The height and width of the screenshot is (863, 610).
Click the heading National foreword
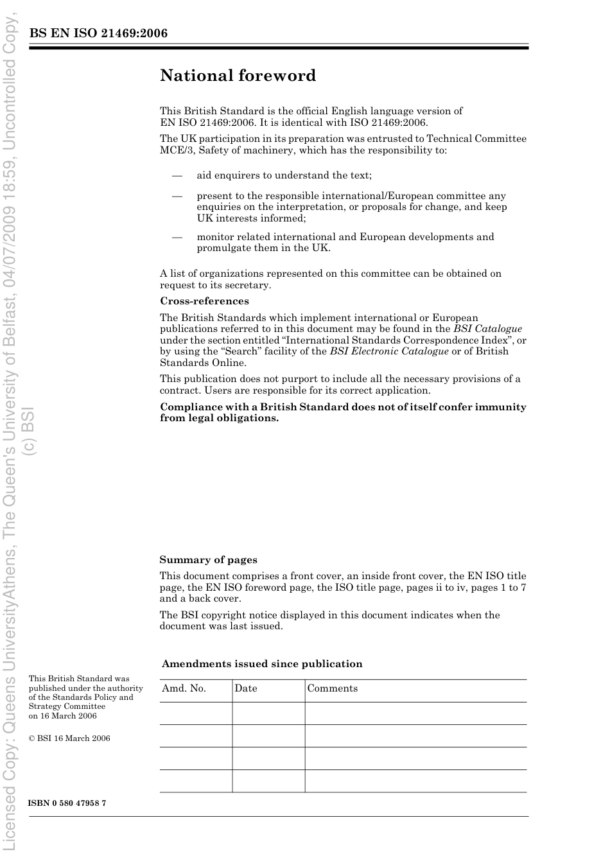pos(238,76)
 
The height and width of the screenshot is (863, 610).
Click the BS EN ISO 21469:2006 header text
pos(98,33)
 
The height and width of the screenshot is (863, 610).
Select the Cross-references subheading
pos(204,301)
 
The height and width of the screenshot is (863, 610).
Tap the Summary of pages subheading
pos(208,560)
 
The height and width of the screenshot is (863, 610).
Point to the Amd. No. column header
pos(184,688)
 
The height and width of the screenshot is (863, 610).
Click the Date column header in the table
pos(245,688)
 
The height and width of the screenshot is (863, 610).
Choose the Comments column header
pos(332,688)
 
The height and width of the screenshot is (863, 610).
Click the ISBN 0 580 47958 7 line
pos(67,803)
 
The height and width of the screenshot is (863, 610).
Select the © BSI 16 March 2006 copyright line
pos(69,738)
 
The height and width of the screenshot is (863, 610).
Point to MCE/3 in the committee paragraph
pos(173,150)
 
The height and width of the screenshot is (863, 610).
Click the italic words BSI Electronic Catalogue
pos(389,351)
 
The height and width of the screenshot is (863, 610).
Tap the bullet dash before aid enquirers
pos(177,175)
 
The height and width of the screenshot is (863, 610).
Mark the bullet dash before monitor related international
pos(177,237)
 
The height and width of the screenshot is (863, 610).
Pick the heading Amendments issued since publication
pos(262,664)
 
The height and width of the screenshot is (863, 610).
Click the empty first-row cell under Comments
pos(415,713)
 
